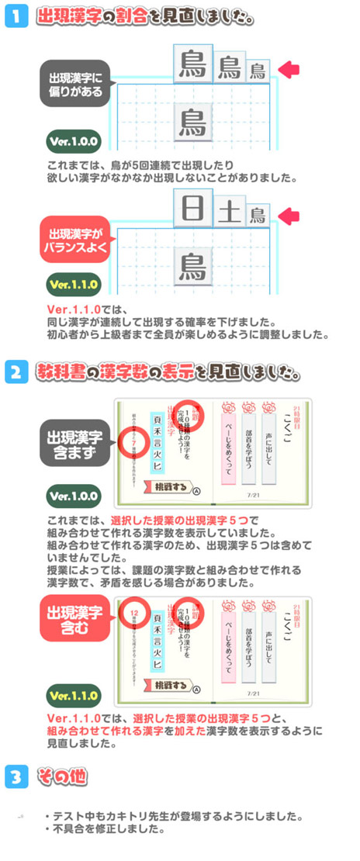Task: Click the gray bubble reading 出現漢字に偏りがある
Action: (76, 82)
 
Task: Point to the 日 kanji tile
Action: (191, 211)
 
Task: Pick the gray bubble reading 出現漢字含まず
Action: (76, 440)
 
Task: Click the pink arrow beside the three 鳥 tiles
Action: (289, 70)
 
